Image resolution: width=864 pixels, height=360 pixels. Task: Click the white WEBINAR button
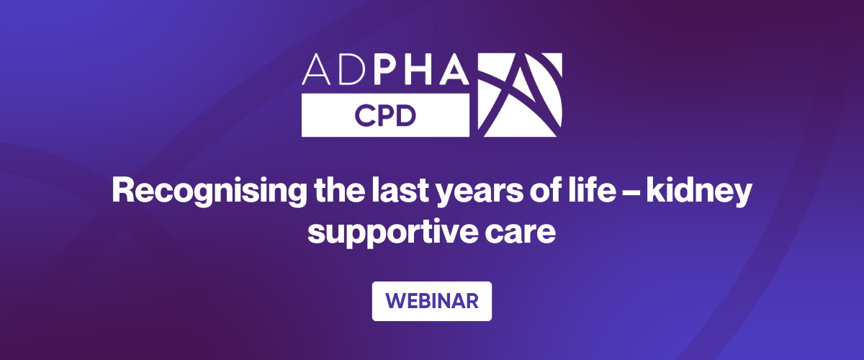tap(431, 301)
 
